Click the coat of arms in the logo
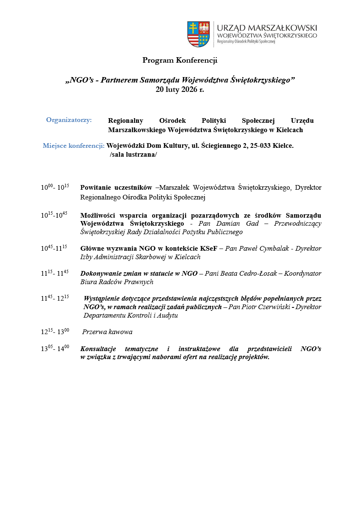[x=199, y=34]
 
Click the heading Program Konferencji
[x=180, y=60]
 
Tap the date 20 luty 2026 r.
[x=180, y=89]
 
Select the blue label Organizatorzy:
[x=69, y=120]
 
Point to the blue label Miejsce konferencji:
[x=74, y=146]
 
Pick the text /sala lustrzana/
[x=133, y=155]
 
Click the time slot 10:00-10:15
[x=55, y=187]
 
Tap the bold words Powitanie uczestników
[x=116, y=187]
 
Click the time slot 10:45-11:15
[x=54, y=248]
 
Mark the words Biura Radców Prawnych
[x=117, y=282]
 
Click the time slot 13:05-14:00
[x=55, y=349]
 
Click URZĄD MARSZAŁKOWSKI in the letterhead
[x=267, y=28]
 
